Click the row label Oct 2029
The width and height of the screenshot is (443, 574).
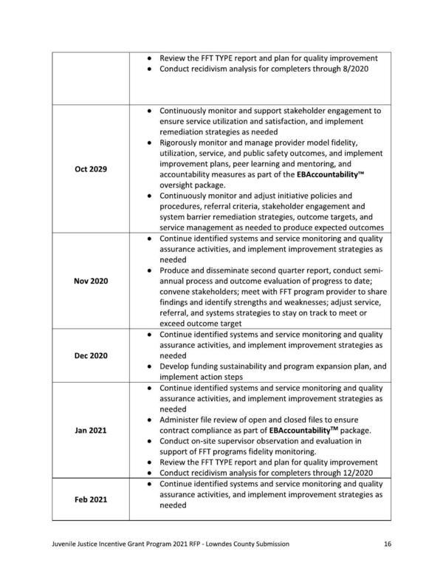91,169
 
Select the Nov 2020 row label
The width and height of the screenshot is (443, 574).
91,281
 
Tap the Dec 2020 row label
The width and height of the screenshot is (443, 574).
91,355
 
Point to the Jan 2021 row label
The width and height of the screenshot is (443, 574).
91,431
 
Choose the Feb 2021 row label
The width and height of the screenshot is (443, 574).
91,499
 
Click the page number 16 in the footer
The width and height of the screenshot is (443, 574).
388,544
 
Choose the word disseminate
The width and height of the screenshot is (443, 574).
225,270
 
